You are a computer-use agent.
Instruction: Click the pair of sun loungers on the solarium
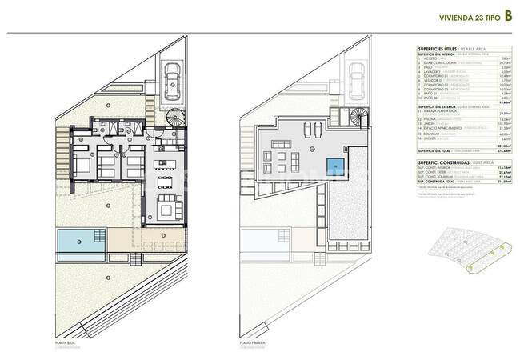pos(316,130)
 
